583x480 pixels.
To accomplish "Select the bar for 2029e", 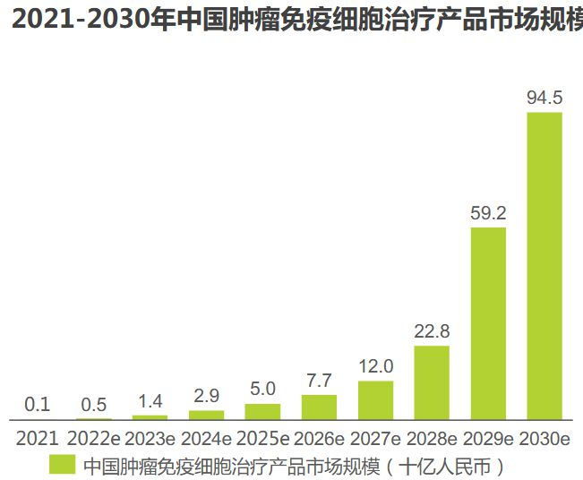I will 488,323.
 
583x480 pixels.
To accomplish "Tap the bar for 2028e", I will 432,382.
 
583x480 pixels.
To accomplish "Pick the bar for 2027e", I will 375,400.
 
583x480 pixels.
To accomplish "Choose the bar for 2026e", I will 319,407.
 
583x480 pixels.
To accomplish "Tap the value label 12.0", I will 375,367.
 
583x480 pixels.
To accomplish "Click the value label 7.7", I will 319,381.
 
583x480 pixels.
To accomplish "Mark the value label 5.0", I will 262,390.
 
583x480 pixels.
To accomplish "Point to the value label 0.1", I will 37,405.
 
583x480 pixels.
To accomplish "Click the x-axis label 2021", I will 37,439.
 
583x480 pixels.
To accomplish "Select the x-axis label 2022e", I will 94,439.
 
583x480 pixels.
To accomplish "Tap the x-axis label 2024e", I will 207,439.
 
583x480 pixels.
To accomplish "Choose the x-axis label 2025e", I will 262,439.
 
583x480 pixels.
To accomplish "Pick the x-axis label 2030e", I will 544,439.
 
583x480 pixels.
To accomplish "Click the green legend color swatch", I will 62,465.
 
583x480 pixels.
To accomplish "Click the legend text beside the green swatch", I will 296,466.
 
